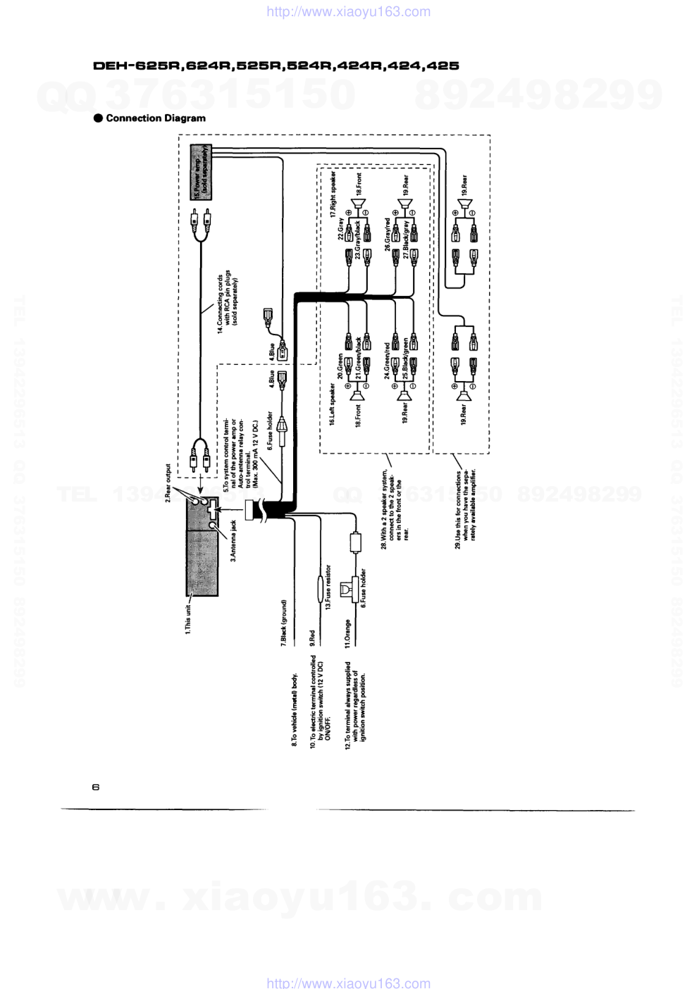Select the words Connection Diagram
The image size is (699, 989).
pos(156,118)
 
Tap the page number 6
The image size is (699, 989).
pos(96,787)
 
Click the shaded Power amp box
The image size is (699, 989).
pos(201,172)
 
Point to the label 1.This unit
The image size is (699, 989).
pos(188,618)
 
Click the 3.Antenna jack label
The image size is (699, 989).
pos(233,541)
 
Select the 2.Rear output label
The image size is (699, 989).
pos(168,483)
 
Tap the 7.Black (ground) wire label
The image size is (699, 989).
pos(284,623)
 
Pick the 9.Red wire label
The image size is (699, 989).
pos(312,638)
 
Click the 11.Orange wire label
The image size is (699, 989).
pos(347,633)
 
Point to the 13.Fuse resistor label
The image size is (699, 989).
pos(328,587)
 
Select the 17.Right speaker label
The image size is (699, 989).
pos(333,194)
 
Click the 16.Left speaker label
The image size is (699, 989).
pos(333,404)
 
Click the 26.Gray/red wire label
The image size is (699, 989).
pos(388,234)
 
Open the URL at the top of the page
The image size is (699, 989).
pos(349,12)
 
